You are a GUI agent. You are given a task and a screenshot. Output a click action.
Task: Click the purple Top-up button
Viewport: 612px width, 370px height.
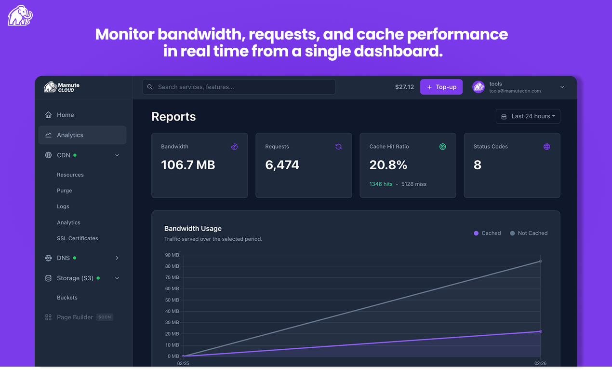coord(441,87)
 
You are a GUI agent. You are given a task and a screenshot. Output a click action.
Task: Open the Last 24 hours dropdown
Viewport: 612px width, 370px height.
coord(528,116)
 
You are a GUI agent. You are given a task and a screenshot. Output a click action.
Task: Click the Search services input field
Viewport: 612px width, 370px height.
coord(239,87)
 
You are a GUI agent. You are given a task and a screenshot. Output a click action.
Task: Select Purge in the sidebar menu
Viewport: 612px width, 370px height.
coord(65,191)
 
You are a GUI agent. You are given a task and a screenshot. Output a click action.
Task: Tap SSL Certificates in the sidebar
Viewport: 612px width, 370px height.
coord(77,238)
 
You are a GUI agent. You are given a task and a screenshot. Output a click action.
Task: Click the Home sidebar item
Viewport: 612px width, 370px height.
coord(66,115)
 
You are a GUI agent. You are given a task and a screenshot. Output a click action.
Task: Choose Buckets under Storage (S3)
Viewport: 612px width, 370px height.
coord(67,298)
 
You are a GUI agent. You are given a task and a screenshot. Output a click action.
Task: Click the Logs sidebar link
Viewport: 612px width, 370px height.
coord(63,206)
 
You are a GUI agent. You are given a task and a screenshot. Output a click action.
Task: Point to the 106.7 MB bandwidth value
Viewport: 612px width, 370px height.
coord(188,165)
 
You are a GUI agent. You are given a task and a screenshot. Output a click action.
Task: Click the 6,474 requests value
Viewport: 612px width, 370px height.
coord(282,165)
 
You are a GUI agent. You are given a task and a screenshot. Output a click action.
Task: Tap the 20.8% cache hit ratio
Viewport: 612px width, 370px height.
coord(388,165)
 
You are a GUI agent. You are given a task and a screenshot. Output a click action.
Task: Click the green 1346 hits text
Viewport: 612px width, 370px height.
coord(381,184)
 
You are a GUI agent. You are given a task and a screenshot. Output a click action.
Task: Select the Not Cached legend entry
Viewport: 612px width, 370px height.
coord(529,233)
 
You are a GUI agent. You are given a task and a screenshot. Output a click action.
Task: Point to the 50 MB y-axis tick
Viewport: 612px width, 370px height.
coord(172,300)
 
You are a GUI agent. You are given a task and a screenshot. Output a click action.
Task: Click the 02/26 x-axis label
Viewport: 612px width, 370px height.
coord(540,363)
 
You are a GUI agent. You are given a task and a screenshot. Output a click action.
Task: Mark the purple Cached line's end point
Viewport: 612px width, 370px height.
coord(541,331)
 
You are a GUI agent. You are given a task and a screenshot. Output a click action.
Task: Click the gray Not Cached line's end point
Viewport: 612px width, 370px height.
coord(541,261)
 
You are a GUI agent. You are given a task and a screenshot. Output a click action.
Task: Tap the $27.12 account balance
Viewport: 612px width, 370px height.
coord(404,87)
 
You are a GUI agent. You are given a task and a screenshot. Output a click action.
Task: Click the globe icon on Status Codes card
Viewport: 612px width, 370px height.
coord(546,147)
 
